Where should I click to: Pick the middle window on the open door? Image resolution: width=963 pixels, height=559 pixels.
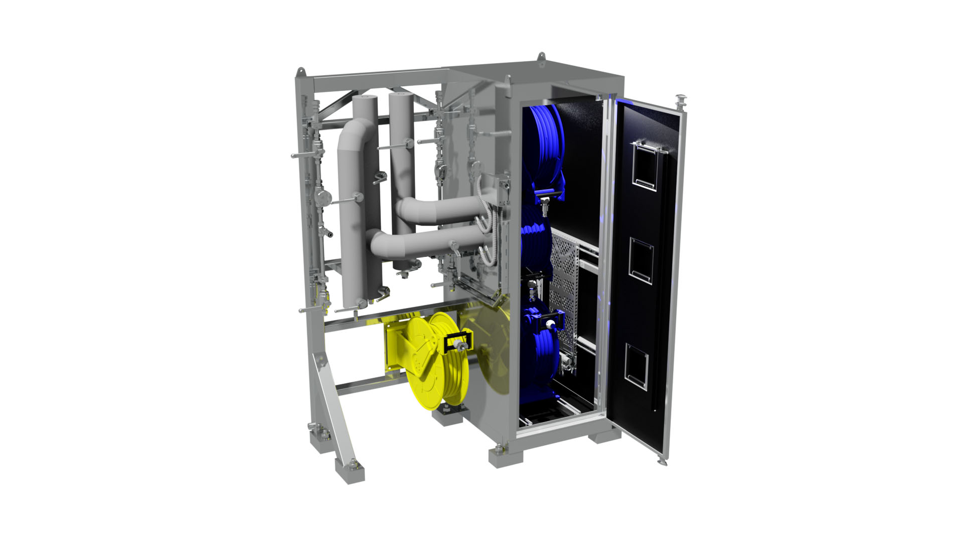(x=641, y=260)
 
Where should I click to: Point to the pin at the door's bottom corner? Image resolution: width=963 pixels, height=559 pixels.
(x=662, y=461)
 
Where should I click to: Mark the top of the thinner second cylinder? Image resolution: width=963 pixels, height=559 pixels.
(x=400, y=94)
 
